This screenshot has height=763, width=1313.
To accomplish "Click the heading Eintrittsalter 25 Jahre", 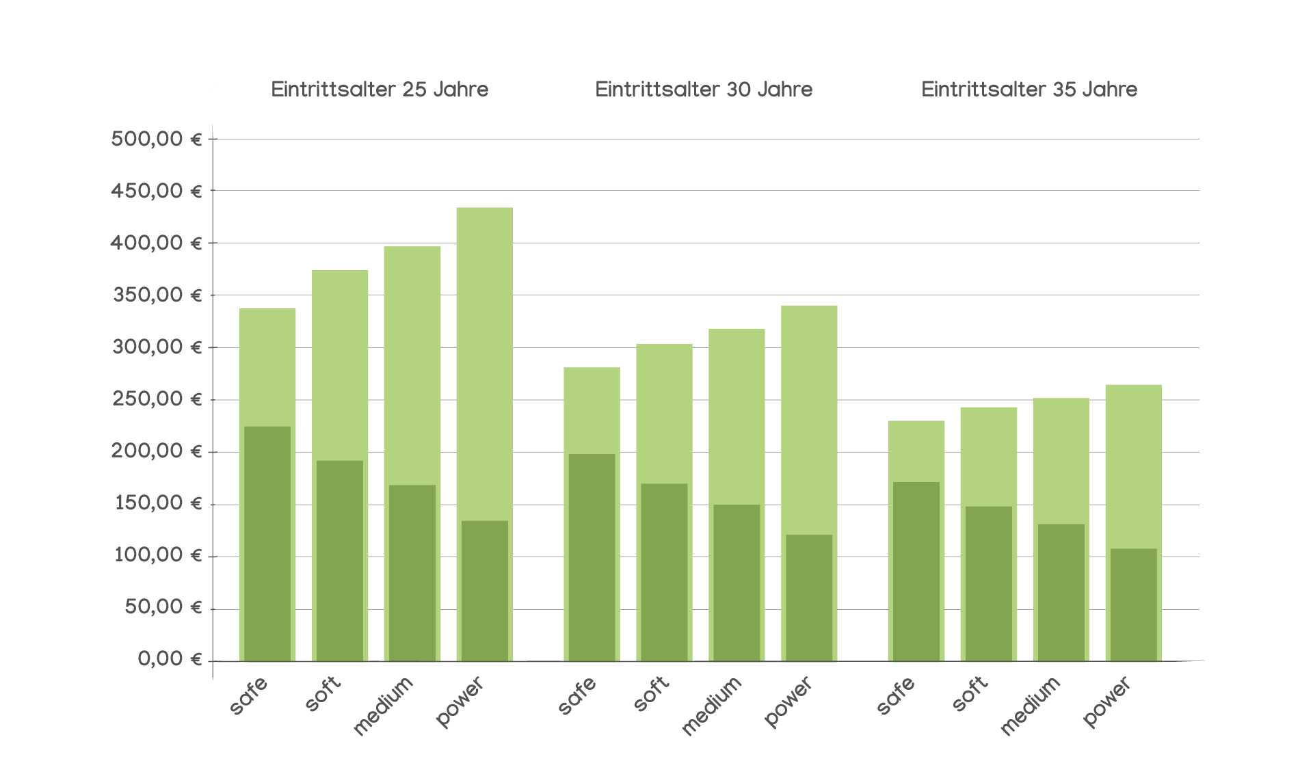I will click(380, 90).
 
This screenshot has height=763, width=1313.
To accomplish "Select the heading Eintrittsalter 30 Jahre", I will click(704, 90).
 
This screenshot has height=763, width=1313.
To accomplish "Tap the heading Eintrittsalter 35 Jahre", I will click(1029, 90).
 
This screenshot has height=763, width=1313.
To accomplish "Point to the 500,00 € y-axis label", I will click(157, 139).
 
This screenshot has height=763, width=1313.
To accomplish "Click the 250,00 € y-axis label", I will click(157, 399).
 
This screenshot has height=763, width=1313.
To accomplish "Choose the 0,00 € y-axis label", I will click(170, 659).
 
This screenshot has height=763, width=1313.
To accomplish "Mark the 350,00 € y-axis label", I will click(157, 295).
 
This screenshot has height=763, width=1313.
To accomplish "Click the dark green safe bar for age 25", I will click(267, 544).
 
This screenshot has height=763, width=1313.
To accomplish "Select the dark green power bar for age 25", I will click(485, 591).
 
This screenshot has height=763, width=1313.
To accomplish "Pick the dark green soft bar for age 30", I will click(662, 572).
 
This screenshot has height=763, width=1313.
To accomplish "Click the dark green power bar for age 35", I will click(1133, 604).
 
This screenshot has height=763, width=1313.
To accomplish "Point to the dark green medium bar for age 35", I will click(1061, 592).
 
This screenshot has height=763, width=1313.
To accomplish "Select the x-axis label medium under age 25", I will click(383, 706).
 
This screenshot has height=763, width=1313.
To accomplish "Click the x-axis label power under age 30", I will click(788, 701).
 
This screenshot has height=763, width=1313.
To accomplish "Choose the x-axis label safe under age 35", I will click(896, 696).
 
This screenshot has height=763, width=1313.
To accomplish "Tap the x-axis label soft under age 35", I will click(970, 694).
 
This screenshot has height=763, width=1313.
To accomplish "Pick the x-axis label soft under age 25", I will click(323, 694).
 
